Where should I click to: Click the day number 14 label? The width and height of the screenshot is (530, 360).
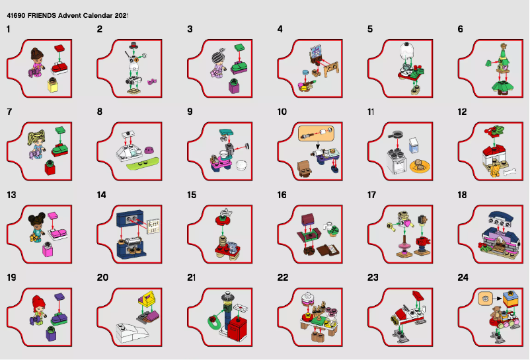click(x=102, y=195)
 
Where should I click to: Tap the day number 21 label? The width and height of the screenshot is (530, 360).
click(x=192, y=277)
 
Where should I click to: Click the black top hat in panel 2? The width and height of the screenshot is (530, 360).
click(x=133, y=44)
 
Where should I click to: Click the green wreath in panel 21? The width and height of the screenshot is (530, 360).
click(x=214, y=323)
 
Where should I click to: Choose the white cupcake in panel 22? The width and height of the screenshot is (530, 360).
click(x=307, y=298)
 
